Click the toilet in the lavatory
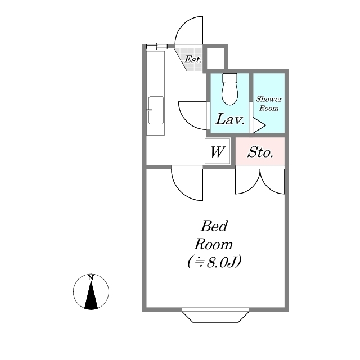(x=229, y=89)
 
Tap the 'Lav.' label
(x=230, y=119)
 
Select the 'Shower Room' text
(x=269, y=103)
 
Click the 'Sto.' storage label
(x=260, y=152)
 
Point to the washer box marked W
(x=217, y=151)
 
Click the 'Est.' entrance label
(x=193, y=60)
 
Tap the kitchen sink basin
(x=156, y=110)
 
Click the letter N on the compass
(x=91, y=278)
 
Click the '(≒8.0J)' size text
(x=214, y=262)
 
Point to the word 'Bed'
(x=214, y=226)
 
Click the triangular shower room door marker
(x=259, y=125)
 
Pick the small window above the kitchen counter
(x=157, y=46)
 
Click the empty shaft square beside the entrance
(x=215, y=58)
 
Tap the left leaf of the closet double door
(x=247, y=181)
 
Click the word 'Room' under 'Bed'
(x=213, y=244)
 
